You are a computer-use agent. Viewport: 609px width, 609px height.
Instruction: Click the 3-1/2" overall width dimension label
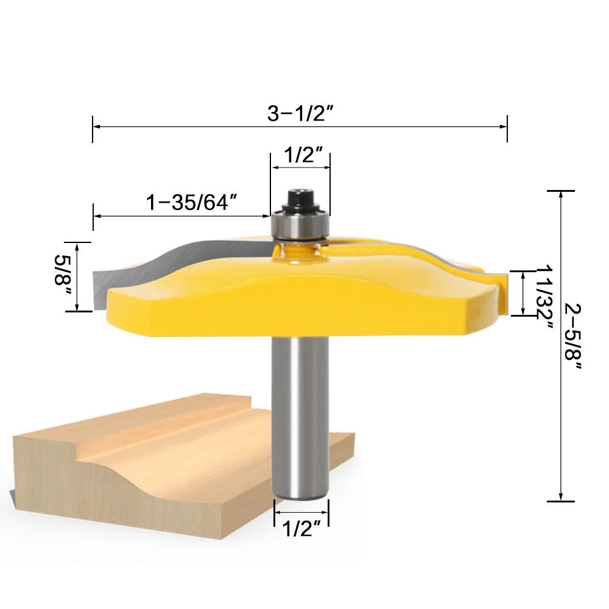[x=300, y=113]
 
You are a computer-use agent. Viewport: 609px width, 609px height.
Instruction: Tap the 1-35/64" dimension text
[x=191, y=202]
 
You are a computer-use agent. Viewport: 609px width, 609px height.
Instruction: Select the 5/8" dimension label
[x=63, y=275]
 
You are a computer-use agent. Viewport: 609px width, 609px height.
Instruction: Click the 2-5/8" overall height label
[x=573, y=336]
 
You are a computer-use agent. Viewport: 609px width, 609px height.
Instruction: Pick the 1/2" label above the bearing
[x=303, y=155]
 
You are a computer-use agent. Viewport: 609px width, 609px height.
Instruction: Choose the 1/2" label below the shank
[x=301, y=529]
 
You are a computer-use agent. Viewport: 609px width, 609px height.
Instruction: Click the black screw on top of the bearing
[x=301, y=200]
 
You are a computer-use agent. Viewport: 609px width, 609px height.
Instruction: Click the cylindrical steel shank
[x=301, y=418]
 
